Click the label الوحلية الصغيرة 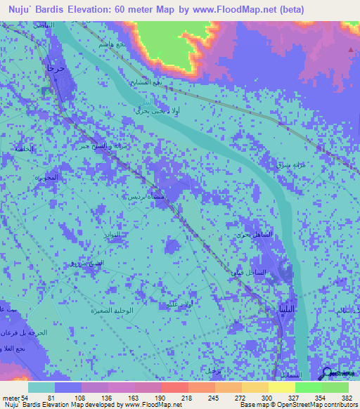tap(112, 310)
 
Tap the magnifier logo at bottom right tap(328, 374)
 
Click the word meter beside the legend tap(10, 398)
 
